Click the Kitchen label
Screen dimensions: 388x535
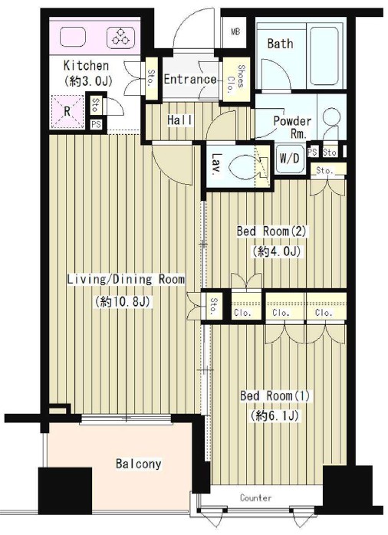(86, 65)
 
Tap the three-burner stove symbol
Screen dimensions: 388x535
(120, 38)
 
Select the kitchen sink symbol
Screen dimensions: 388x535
(72, 38)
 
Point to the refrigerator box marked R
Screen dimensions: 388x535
(67, 111)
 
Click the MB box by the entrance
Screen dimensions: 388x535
(235, 31)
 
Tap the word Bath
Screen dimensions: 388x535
(280, 44)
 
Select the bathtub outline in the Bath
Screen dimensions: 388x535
(324, 56)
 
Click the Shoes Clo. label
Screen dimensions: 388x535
(236, 80)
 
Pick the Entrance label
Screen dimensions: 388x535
(190, 80)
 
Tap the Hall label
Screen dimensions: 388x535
(180, 120)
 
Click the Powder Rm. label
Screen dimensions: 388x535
(292, 127)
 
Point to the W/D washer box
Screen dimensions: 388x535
(290, 159)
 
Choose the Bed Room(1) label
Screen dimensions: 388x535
(275, 396)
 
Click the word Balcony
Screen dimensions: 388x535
(138, 464)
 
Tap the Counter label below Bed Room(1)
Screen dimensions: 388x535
(256, 497)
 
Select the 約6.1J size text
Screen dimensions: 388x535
(275, 415)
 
